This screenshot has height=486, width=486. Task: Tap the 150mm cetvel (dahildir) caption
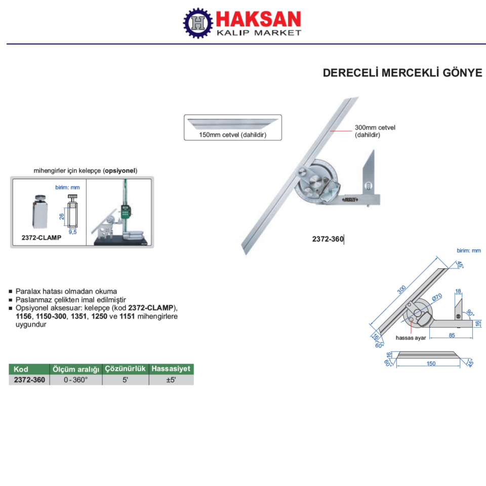tap(232, 135)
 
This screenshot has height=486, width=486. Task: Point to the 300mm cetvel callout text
tap(375, 128)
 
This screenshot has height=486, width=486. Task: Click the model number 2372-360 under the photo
tap(328, 238)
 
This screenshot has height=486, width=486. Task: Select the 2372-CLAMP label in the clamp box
tap(41, 237)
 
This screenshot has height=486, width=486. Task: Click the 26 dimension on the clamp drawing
tap(61, 216)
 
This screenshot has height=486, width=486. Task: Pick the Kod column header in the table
tap(21, 369)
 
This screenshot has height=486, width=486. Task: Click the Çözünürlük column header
tap(125, 369)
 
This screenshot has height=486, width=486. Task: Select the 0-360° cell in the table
tap(76, 380)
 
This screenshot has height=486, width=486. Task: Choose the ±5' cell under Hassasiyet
tap(171, 380)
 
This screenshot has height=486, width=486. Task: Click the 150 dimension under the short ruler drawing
tap(431, 363)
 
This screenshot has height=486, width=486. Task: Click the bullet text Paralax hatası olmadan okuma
tap(66, 292)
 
